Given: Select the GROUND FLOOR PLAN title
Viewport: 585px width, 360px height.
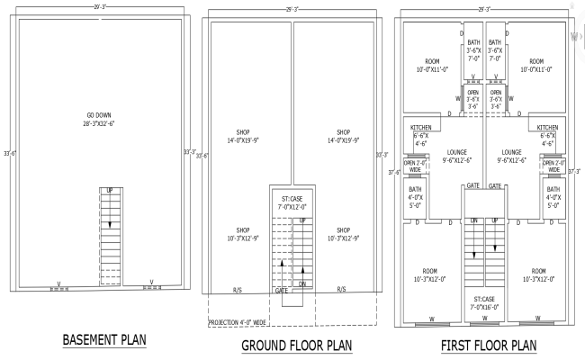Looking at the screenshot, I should point(296,345).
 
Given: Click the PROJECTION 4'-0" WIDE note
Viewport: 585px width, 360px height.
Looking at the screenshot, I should point(238,321).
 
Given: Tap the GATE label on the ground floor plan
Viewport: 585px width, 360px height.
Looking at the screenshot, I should point(282,291).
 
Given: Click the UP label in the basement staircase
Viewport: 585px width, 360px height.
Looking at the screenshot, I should point(110,192).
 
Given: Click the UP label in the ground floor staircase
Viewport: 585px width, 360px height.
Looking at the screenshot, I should point(302,220).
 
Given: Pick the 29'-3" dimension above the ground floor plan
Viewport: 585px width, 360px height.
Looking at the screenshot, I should point(291,9).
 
